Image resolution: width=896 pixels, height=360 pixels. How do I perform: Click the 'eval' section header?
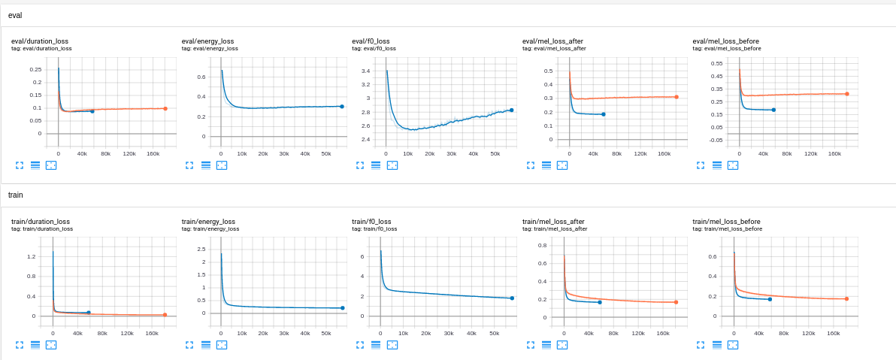(x=15, y=15)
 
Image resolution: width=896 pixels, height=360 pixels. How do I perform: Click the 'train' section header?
(x=16, y=195)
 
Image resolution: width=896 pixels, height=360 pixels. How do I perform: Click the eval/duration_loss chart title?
(x=41, y=41)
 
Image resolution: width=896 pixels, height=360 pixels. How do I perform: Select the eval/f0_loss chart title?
(x=374, y=41)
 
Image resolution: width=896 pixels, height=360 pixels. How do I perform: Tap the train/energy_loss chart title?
(x=208, y=222)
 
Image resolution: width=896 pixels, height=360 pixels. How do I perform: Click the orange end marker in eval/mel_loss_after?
(x=677, y=97)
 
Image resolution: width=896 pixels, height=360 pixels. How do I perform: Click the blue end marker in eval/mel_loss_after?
(x=604, y=114)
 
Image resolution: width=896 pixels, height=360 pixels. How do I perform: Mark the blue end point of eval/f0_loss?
(x=512, y=110)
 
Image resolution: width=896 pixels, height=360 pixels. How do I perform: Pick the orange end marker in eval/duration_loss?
(x=165, y=108)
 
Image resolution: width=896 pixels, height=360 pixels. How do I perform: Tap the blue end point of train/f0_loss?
(x=512, y=298)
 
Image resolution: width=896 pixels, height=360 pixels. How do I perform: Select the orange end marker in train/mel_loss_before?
(x=846, y=299)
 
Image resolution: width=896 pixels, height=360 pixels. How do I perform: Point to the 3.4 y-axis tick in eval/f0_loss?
(x=365, y=71)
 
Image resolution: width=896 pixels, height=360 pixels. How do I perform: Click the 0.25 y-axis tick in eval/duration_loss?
(x=35, y=69)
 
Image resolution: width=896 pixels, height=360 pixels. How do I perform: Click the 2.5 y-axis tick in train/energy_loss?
(x=201, y=249)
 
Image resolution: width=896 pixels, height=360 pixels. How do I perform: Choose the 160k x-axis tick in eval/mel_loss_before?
(x=834, y=153)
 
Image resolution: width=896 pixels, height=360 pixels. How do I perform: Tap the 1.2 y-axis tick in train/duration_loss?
(x=31, y=257)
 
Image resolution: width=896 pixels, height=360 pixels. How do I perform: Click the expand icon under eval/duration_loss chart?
(x=19, y=165)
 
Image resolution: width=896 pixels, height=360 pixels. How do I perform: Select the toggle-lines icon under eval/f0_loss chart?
(x=376, y=165)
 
